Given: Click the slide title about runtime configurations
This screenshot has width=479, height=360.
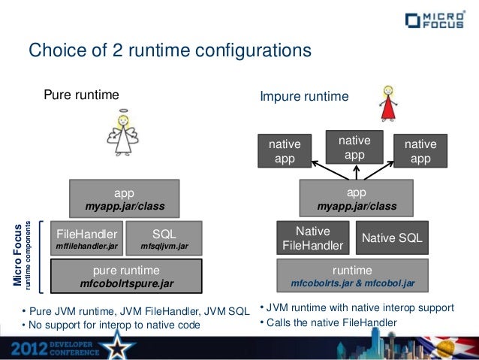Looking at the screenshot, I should pyautogui.click(x=169, y=51).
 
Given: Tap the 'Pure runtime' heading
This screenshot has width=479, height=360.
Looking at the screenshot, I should pyautogui.click(x=81, y=95).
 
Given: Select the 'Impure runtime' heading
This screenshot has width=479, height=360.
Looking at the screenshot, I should pyautogui.click(x=304, y=97).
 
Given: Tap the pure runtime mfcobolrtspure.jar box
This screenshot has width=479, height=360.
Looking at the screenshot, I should pyautogui.click(x=126, y=276).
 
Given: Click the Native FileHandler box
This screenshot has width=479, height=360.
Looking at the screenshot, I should pyautogui.click(x=312, y=238).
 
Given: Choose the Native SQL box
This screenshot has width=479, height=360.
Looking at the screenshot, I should pyautogui.click(x=392, y=238).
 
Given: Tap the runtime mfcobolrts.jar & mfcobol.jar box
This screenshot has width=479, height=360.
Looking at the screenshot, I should pyautogui.click(x=352, y=276).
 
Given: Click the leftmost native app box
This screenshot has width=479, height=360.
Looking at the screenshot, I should pyautogui.click(x=285, y=151).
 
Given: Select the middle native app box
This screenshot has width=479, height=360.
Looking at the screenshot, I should pyautogui.click(x=354, y=147).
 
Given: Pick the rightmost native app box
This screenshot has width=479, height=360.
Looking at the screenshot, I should pyautogui.click(x=420, y=151).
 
